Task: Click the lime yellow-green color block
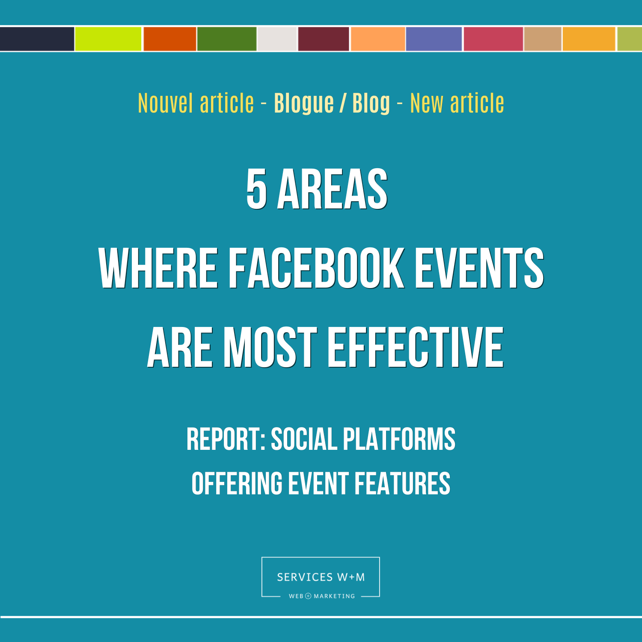pyautogui.click(x=108, y=39)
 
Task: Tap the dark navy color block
pyautogui.click(x=37, y=39)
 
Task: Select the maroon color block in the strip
pyautogui.click(x=324, y=39)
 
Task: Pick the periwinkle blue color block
pyautogui.click(x=434, y=39)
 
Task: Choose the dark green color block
pyautogui.click(x=227, y=39)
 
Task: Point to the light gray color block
pyautogui.click(x=277, y=39)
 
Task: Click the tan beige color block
pyautogui.click(x=543, y=39)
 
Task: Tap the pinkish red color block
pyautogui.click(x=493, y=39)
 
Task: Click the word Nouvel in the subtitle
pyautogui.click(x=166, y=104)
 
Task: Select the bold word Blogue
pyautogui.click(x=304, y=104)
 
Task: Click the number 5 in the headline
pyautogui.click(x=257, y=189)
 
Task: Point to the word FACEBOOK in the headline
pyautogui.click(x=316, y=268)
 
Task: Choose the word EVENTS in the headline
pyautogui.click(x=479, y=268)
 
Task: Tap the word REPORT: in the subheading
pyautogui.click(x=226, y=439)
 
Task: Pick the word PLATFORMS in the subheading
pyautogui.click(x=399, y=439)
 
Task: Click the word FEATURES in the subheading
pyautogui.click(x=402, y=484)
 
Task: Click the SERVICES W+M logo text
pyautogui.click(x=321, y=577)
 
